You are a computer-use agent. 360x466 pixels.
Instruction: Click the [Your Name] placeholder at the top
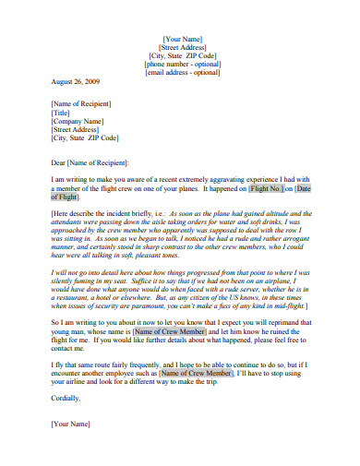(x=181, y=40)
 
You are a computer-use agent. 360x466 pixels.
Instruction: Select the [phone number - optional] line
(x=181, y=64)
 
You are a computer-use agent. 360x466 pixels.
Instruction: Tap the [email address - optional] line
(x=181, y=73)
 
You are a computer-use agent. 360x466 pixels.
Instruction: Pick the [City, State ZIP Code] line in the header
(x=181, y=55)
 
